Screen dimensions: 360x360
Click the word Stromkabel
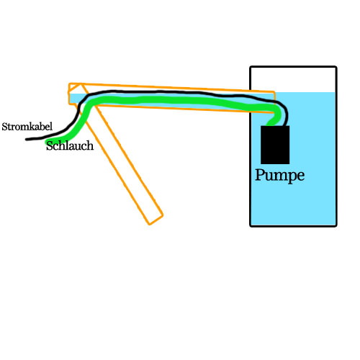[27, 127]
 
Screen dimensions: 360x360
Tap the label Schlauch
[70, 145]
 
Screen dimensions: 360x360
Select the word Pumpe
[279, 176]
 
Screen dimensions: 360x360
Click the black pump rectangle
[275, 145]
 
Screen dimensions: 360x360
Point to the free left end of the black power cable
[27, 139]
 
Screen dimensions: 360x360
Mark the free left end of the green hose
[47, 142]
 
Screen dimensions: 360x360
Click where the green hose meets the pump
[270, 125]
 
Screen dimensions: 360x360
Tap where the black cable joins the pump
[286, 125]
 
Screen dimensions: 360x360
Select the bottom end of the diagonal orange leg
[156, 220]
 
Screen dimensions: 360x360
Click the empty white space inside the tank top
[293, 80]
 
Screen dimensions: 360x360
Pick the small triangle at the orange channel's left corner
[74, 89]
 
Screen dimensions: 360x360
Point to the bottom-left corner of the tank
[251, 225]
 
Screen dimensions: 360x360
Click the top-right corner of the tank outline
[336, 67]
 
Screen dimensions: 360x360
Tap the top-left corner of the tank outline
[251, 67]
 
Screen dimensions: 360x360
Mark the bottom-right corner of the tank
[336, 225]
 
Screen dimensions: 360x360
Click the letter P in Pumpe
[259, 174]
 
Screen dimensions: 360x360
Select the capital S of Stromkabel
[4, 127]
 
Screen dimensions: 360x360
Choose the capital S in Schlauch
[50, 145]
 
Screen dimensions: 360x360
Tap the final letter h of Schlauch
[90, 145]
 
